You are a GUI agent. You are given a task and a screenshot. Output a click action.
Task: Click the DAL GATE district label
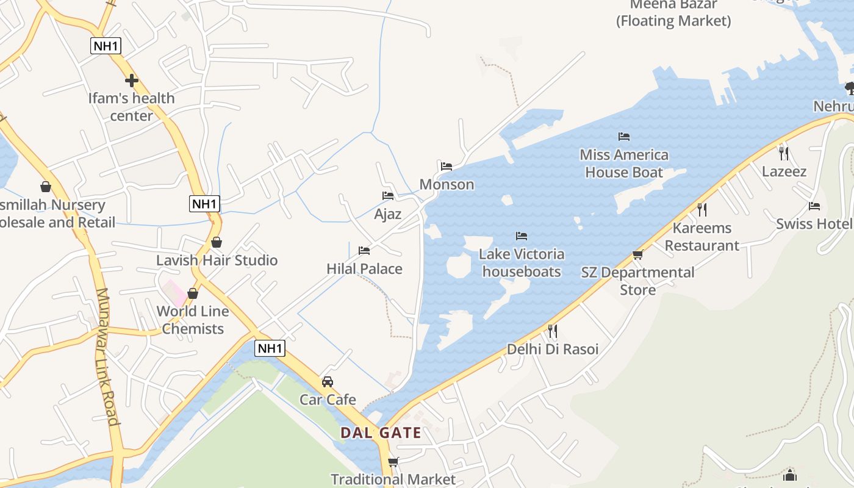pyautogui.click(x=381, y=433)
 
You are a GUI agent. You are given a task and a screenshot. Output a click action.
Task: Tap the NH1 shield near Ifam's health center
pyautogui.click(x=106, y=45)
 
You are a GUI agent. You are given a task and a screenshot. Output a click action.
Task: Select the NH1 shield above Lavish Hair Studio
pyautogui.click(x=204, y=204)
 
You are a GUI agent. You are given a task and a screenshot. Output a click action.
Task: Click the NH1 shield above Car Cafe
pyautogui.click(x=270, y=348)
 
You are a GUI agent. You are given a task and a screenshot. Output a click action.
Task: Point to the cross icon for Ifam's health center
pyautogui.click(x=131, y=80)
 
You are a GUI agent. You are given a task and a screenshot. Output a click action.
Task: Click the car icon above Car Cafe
pyautogui.click(x=328, y=382)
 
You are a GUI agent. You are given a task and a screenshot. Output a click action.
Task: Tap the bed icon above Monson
pyautogui.click(x=447, y=166)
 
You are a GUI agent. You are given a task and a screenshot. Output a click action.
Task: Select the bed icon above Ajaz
pyautogui.click(x=388, y=196)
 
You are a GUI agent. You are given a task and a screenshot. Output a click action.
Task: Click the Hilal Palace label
pyautogui.click(x=364, y=268)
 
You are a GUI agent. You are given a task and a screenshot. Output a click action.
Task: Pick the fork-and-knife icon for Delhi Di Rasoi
pyautogui.click(x=552, y=331)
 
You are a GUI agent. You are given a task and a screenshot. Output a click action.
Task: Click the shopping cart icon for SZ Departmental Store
pyautogui.click(x=638, y=254)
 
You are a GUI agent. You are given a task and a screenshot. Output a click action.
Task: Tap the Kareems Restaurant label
pyautogui.click(x=701, y=237)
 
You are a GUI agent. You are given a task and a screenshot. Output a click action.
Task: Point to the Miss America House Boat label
pyautogui.click(x=623, y=163)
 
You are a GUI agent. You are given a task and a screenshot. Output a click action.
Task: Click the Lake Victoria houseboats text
pyautogui.click(x=521, y=262)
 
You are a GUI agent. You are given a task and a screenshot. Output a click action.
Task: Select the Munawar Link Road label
pyautogui.click(x=106, y=356)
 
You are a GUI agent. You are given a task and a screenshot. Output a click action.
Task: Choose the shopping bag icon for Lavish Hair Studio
pyautogui.click(x=216, y=242)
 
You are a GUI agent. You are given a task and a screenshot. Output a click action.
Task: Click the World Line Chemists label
pyautogui.click(x=193, y=320)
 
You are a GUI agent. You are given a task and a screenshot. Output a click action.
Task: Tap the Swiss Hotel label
pyautogui.click(x=814, y=224)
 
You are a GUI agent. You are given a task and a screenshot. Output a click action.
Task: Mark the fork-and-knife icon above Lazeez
pyautogui.click(x=784, y=153)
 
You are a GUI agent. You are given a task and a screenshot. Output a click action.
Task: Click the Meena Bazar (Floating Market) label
pyautogui.click(x=673, y=13)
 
